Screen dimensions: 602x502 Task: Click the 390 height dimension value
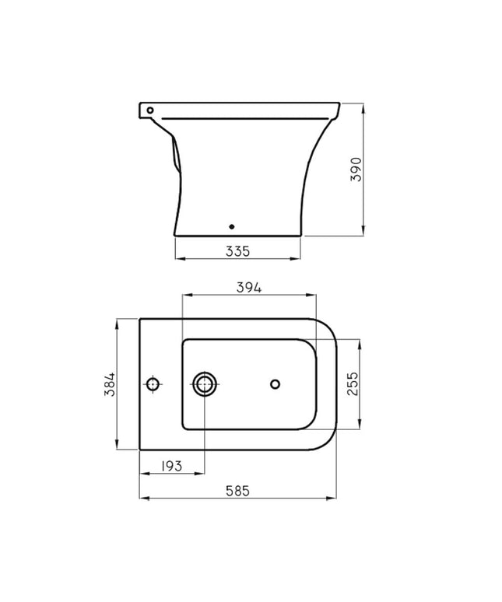tap(356, 168)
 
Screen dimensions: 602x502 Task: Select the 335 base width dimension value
tap(237, 250)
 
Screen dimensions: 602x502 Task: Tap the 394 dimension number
tap(248, 287)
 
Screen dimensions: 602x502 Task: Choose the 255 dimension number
tap(352, 384)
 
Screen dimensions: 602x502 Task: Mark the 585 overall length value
tap(237, 491)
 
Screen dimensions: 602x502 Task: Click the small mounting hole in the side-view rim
tap(149, 110)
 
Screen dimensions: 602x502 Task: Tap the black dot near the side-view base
tap(231, 227)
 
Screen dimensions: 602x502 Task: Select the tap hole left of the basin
tap(153, 384)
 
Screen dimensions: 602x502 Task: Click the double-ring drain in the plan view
tap(205, 383)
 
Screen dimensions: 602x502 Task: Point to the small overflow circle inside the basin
tap(275, 383)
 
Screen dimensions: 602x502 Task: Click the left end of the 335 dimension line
tap(174, 258)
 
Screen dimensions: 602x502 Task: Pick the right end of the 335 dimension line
tap(300, 258)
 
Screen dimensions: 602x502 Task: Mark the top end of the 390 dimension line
tap(363, 101)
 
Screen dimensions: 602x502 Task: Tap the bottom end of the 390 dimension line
tap(363, 233)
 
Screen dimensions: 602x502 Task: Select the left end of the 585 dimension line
tap(139, 499)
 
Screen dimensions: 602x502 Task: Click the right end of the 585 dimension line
tap(336, 499)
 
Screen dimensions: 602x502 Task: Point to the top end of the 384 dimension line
tap(117, 318)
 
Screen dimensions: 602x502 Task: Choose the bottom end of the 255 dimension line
tap(360, 429)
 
